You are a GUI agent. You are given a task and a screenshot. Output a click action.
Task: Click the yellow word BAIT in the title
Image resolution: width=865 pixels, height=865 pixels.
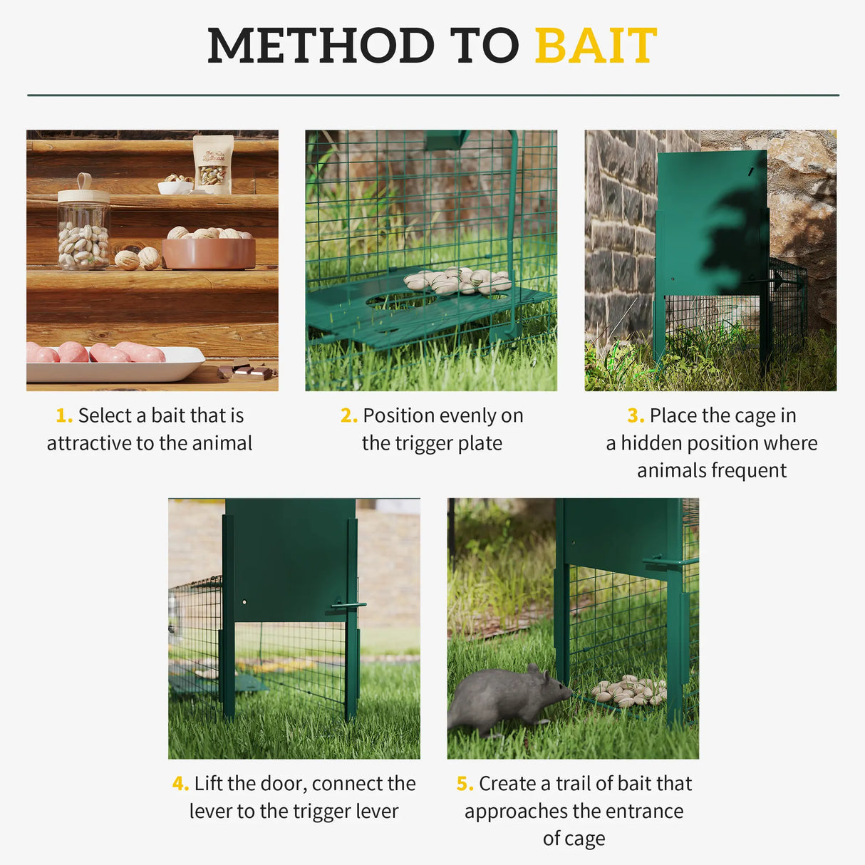click(x=595, y=46)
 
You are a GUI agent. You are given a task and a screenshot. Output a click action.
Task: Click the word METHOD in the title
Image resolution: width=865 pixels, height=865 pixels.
click(x=320, y=46)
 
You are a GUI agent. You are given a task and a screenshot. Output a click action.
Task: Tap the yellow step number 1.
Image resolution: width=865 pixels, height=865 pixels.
click(x=63, y=415)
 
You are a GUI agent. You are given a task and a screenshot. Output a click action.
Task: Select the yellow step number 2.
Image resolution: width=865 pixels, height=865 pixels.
click(x=348, y=415)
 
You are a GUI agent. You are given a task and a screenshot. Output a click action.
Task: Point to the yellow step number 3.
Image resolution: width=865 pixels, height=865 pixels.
click(x=635, y=415)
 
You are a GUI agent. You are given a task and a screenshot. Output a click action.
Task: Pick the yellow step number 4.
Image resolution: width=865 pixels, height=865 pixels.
click(x=180, y=784)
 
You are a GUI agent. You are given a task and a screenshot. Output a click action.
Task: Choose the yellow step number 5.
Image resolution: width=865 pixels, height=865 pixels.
click(x=465, y=784)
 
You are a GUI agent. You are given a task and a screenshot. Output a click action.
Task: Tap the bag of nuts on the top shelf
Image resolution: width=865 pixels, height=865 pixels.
click(x=213, y=165)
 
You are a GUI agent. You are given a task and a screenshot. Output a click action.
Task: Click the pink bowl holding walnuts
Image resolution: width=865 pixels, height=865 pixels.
click(x=208, y=252)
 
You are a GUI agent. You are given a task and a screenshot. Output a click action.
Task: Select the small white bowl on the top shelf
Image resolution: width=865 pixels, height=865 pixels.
click(x=175, y=187)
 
